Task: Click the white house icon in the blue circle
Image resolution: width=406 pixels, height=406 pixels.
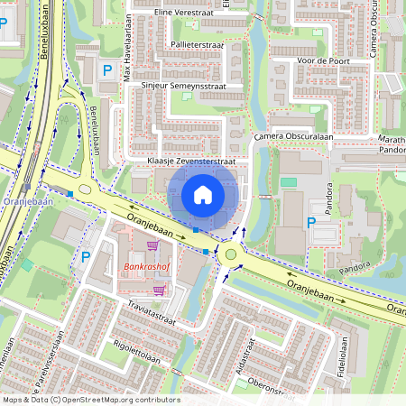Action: (x=203, y=195)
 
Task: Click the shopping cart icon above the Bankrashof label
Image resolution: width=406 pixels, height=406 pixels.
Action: (x=152, y=245)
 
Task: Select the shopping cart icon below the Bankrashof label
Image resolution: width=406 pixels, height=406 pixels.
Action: (x=160, y=290)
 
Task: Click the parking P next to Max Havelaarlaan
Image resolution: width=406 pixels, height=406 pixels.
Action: (x=107, y=70)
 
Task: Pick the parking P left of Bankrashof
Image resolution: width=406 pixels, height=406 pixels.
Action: (x=86, y=257)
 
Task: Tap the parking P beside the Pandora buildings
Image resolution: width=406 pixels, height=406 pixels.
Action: (x=312, y=223)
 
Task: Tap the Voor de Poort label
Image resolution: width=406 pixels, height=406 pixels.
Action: (x=322, y=61)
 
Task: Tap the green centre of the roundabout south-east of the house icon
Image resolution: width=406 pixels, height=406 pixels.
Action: (x=232, y=255)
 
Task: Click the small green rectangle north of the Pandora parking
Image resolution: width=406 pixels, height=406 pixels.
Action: (x=289, y=182)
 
